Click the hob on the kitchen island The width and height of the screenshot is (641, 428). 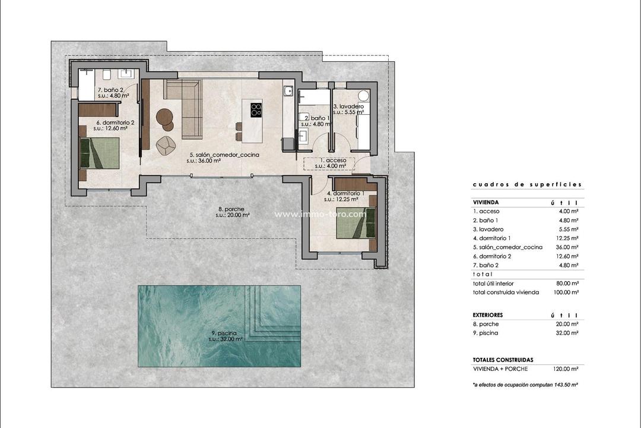click(256, 109)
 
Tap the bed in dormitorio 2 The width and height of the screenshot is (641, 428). click(100, 153)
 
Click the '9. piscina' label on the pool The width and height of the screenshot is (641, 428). click(225, 336)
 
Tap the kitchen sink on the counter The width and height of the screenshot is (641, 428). click(288, 91)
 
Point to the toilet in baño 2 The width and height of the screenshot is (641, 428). click(107, 74)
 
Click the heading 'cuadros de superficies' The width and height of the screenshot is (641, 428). click(527, 185)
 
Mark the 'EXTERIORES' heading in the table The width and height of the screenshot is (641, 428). click(488, 314)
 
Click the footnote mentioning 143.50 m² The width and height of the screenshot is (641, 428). click(525, 385)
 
